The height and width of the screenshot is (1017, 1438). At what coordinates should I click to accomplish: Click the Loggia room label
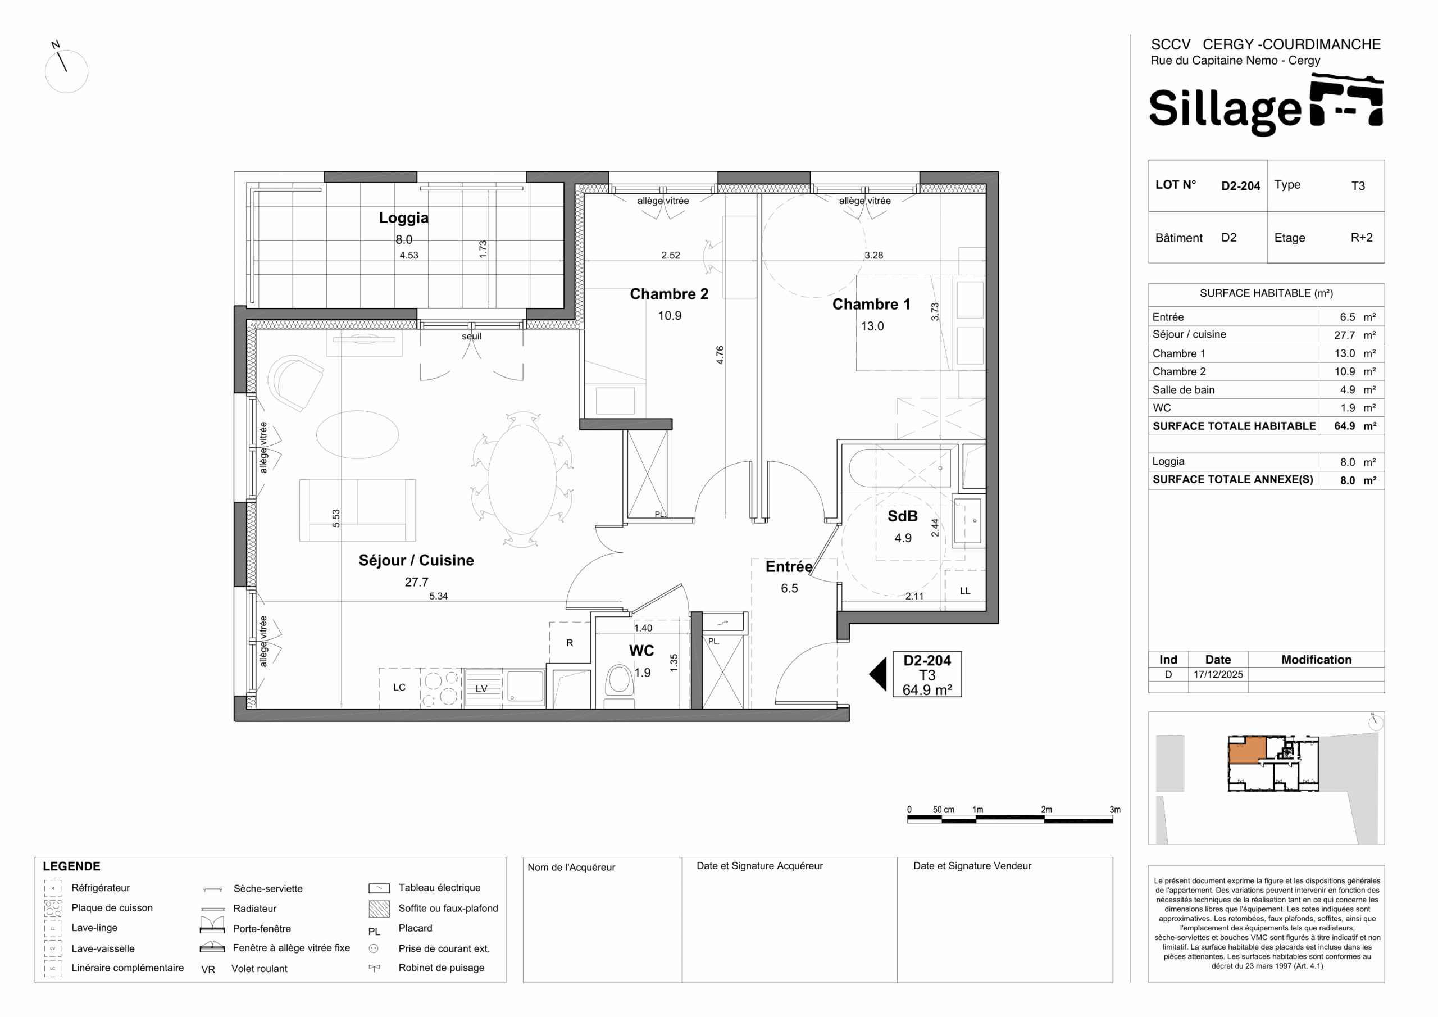pyautogui.click(x=403, y=218)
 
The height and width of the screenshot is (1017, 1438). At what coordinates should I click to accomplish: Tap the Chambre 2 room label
pyautogui.click(x=669, y=294)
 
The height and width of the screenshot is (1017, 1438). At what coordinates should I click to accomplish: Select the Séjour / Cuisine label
pyautogui.click(x=416, y=560)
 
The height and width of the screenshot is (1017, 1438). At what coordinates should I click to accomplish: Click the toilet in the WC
pyautogui.click(x=619, y=684)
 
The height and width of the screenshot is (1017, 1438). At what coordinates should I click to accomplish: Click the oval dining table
pyautogui.click(x=522, y=479)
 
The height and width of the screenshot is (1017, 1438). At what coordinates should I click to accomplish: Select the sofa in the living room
pyautogui.click(x=357, y=510)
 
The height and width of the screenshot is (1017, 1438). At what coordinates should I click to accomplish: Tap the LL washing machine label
pyautogui.click(x=965, y=591)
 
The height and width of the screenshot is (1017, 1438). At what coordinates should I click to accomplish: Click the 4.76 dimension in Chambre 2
pyautogui.click(x=720, y=355)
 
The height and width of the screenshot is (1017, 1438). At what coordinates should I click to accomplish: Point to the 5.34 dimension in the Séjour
pyautogui.click(x=438, y=596)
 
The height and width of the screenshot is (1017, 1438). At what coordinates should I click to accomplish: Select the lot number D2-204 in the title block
pyautogui.click(x=1240, y=186)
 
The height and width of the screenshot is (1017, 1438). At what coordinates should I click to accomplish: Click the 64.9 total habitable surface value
pyautogui.click(x=1344, y=426)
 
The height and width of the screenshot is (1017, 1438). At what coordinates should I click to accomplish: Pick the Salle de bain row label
pyautogui.click(x=1183, y=390)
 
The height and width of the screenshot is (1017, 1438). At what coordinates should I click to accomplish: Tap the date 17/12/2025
pyautogui.click(x=1218, y=675)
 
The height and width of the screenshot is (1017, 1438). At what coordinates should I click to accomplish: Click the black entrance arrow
pyautogui.click(x=878, y=674)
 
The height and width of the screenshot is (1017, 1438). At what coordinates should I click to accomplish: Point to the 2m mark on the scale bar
pyautogui.click(x=1046, y=810)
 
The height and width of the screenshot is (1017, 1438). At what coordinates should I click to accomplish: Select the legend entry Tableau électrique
pyautogui.click(x=439, y=887)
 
